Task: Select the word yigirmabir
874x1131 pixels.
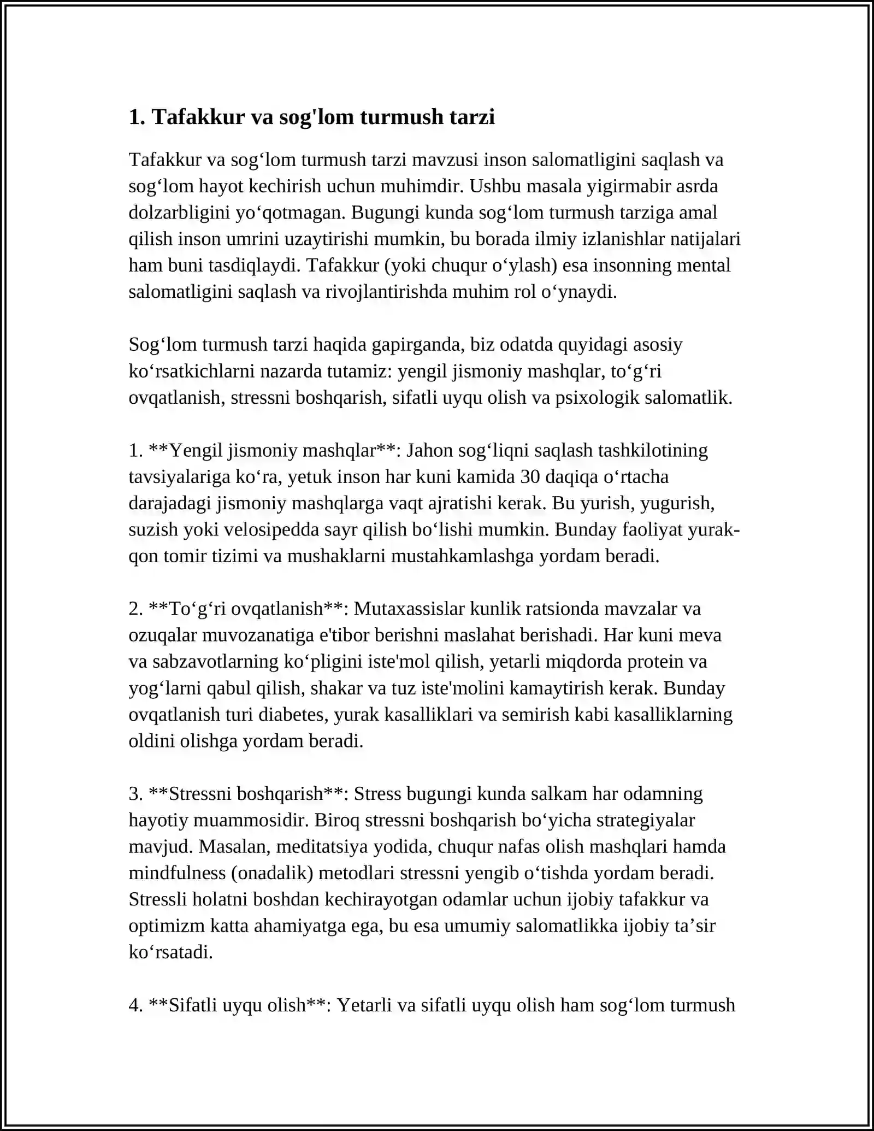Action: click(x=629, y=186)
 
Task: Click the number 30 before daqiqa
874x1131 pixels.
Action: click(x=530, y=477)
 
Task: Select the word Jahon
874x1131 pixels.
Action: click(x=430, y=450)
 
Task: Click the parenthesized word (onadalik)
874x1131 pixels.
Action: click(x=272, y=873)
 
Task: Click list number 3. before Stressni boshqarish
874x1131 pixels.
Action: click(x=135, y=794)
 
